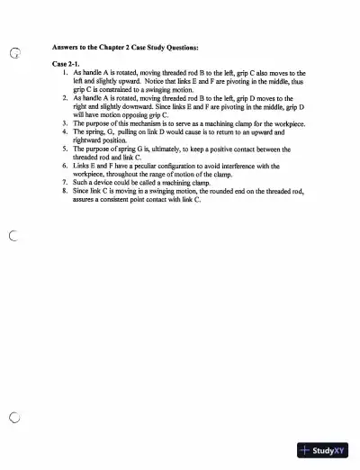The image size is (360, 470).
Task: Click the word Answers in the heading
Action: tap(67, 45)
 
